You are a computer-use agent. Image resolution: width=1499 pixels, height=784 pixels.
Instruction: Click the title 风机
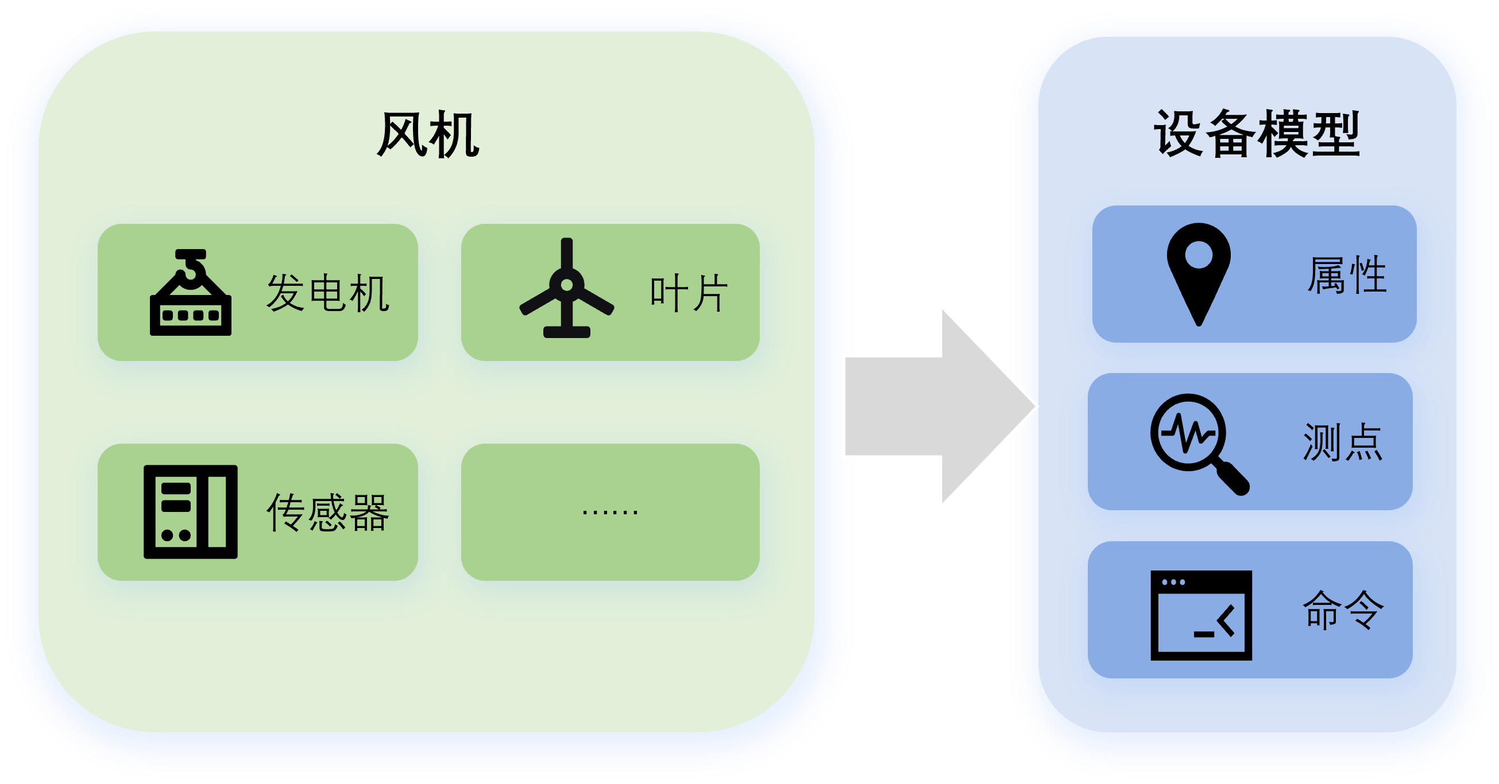click(x=428, y=135)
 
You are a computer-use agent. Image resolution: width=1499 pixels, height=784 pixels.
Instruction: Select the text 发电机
click(x=327, y=293)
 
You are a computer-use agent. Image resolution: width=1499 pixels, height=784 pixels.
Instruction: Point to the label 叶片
click(x=689, y=293)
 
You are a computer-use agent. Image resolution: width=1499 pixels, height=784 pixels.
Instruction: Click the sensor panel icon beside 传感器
click(x=191, y=512)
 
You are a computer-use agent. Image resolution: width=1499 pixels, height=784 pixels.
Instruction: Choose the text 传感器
click(x=327, y=513)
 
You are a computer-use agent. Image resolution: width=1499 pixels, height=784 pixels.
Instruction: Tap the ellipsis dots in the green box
click(x=610, y=512)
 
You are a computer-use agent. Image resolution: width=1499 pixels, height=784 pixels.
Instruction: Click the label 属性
click(x=1347, y=274)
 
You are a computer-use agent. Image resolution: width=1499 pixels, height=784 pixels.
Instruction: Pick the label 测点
click(x=1342, y=443)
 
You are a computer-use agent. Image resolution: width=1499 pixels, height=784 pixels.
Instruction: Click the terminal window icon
click(x=1201, y=615)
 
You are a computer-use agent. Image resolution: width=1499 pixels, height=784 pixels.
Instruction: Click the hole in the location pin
click(x=1199, y=255)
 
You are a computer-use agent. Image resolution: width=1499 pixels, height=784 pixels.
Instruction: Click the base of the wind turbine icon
click(x=567, y=332)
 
